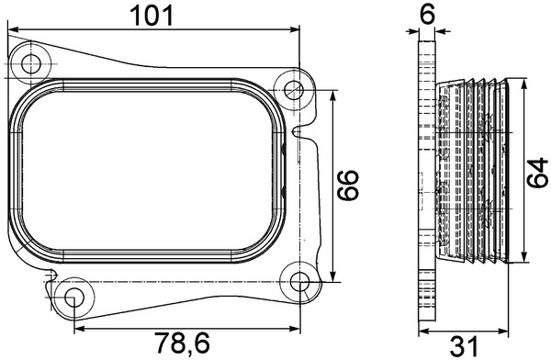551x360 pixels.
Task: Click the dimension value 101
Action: point(152,16)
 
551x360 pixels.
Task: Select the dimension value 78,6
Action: point(182,343)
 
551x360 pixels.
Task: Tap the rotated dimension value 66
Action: point(347,186)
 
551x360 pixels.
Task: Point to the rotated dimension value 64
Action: point(537,173)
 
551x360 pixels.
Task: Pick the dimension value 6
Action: point(427,14)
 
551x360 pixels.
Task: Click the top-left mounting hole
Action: point(31,64)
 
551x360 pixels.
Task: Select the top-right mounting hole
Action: point(294,90)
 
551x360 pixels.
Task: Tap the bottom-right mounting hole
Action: point(299,281)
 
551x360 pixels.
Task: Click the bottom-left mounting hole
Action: point(74,298)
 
